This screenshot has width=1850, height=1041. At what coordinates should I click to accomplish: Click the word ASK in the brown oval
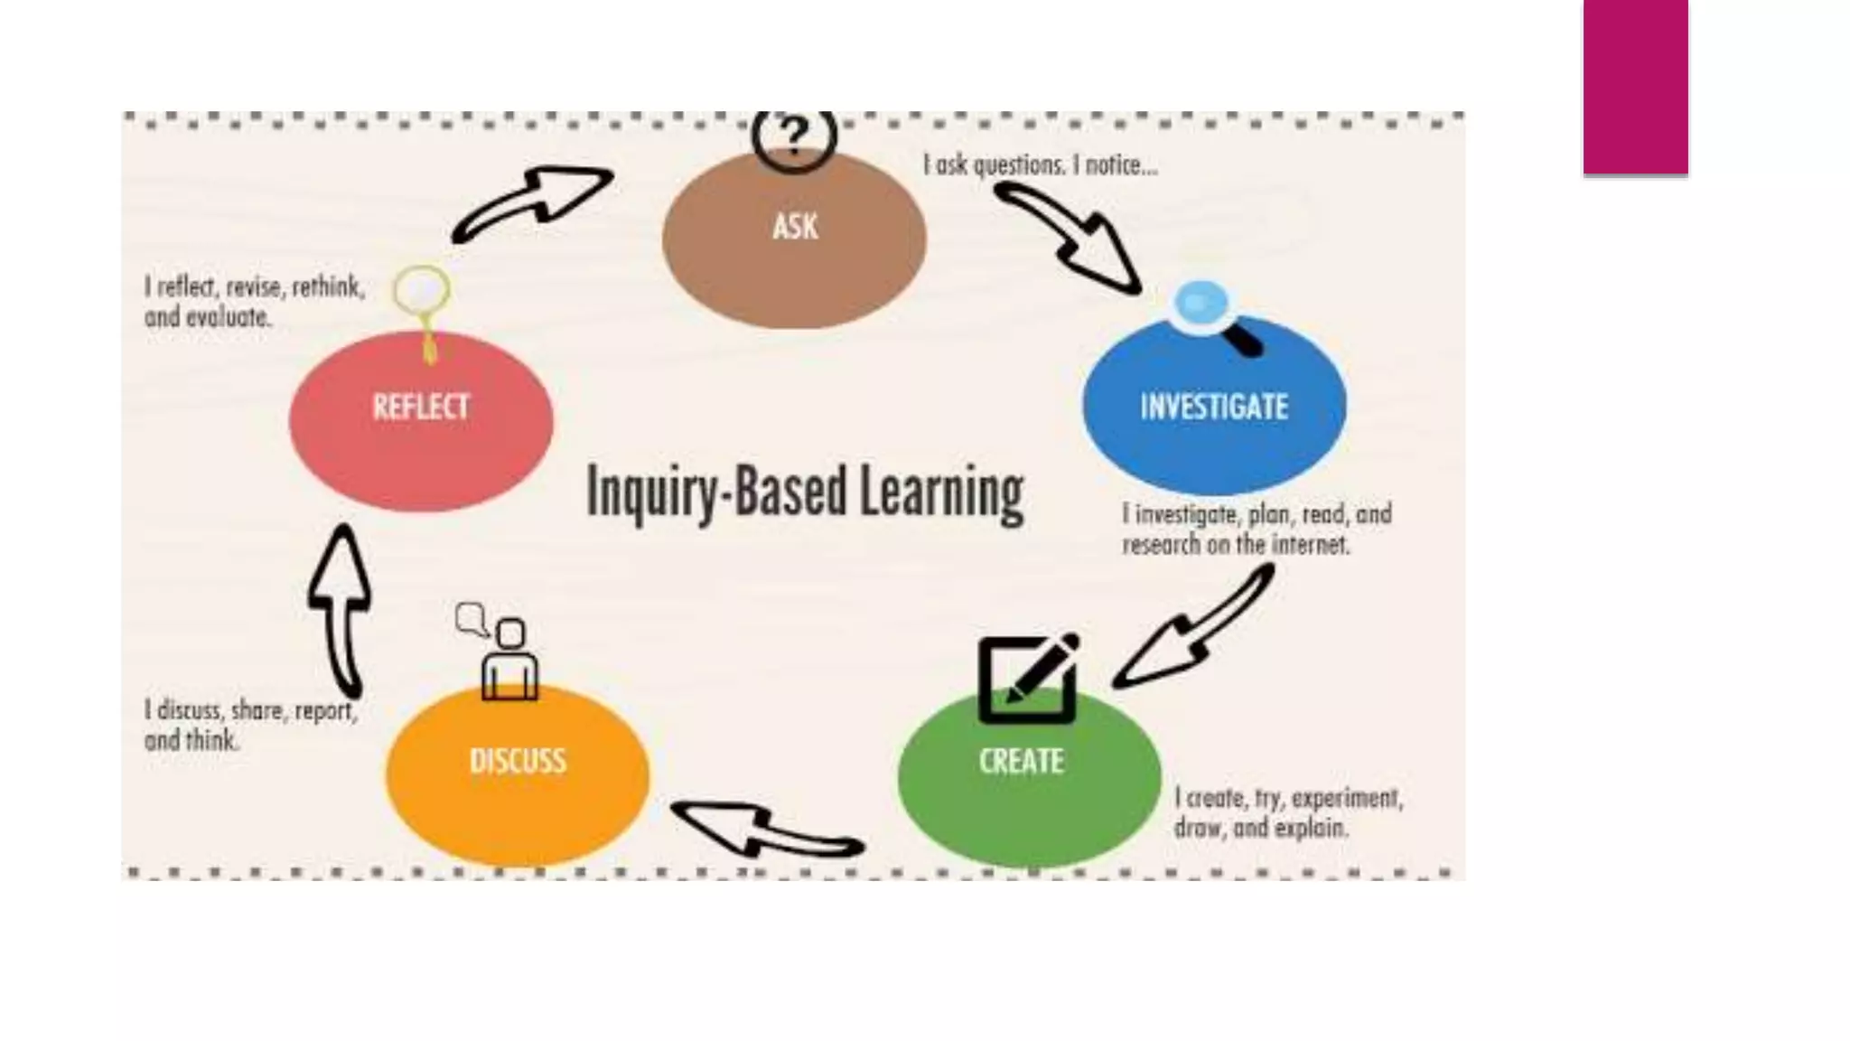795,226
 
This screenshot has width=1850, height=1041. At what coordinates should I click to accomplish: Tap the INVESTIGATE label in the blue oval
1214,407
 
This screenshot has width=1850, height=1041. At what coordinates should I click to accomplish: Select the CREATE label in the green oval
1022,761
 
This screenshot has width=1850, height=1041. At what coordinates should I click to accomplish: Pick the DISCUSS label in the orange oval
518,761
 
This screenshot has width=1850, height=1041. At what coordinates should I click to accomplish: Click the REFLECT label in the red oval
421,407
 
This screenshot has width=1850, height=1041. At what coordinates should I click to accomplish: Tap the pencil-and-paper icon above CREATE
1029,678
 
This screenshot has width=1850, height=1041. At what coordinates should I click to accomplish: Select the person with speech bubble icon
501,651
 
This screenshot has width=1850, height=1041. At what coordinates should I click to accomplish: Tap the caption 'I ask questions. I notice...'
1040,165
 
